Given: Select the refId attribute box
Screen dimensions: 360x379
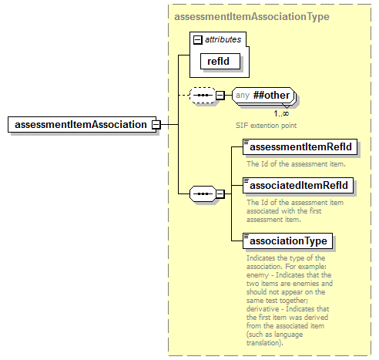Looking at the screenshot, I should pos(216,60).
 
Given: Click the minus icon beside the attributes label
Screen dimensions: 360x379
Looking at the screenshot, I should pos(198,38).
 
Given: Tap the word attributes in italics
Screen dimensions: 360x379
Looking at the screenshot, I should pos(223,38).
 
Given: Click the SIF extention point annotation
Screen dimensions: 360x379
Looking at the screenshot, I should pos(267,124).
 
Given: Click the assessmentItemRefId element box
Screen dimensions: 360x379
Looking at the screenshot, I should pos(300,146).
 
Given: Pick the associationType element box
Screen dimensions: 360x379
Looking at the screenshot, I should pos(288,241).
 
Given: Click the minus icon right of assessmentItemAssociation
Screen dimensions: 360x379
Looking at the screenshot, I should pos(156,124).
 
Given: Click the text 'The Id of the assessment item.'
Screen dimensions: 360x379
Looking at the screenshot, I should pos(296,163).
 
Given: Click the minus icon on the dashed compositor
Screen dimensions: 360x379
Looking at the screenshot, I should pos(220,96).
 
